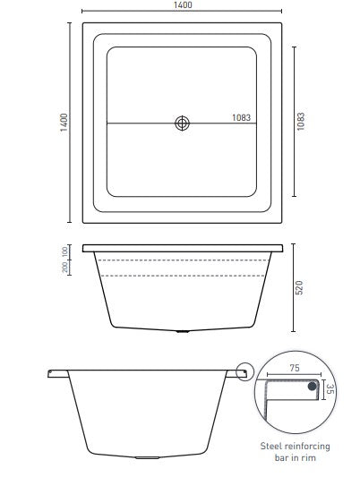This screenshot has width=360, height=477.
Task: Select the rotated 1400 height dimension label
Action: coord(63,122)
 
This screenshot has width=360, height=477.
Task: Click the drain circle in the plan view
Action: coord(183,123)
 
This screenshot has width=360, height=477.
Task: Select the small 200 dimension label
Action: coord(65,269)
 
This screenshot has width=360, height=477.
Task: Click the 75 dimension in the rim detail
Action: coord(295,366)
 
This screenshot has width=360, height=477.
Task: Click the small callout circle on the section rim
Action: coord(244,370)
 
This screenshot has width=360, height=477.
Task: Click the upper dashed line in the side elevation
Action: coord(183,260)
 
